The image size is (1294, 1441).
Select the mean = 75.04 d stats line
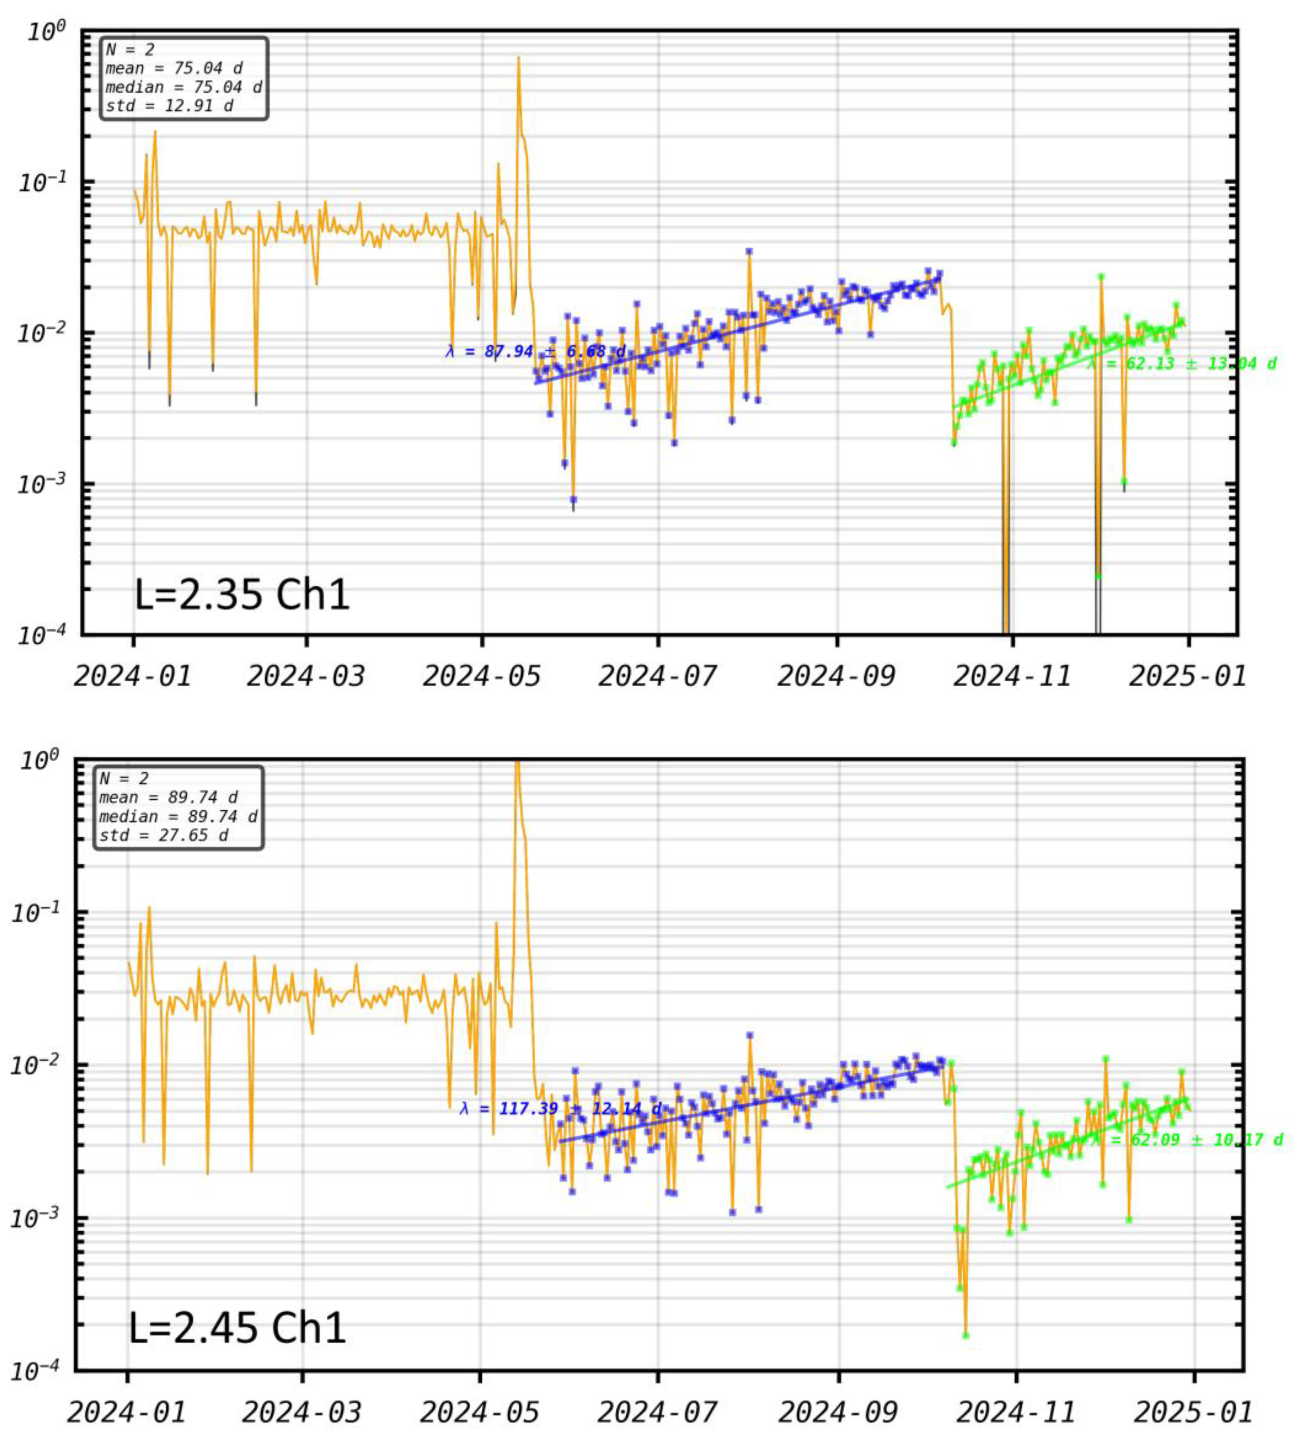[x=174, y=68]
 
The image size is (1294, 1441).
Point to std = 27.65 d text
[x=163, y=835]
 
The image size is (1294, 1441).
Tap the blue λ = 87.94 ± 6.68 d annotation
[x=535, y=351]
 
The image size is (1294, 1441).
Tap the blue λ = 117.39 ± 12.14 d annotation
[x=560, y=1109]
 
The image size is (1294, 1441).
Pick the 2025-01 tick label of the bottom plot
[x=1192, y=1412]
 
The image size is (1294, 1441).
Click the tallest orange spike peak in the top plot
[x=518, y=58]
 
